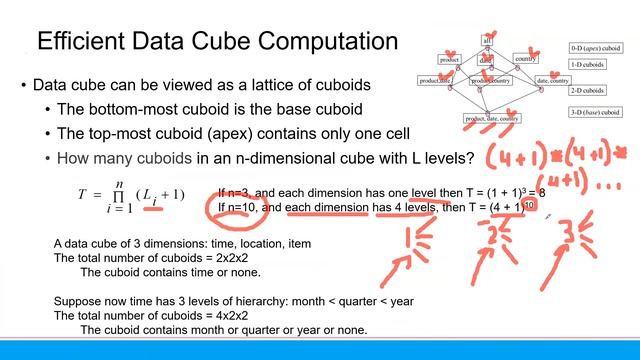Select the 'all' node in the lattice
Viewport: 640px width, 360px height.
point(488,40)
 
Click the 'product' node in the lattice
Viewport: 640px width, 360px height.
point(449,59)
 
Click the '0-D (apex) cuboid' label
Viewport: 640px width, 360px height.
point(594,48)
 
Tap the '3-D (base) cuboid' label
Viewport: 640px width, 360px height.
point(595,117)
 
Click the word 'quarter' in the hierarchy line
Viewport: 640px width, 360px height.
point(341,302)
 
